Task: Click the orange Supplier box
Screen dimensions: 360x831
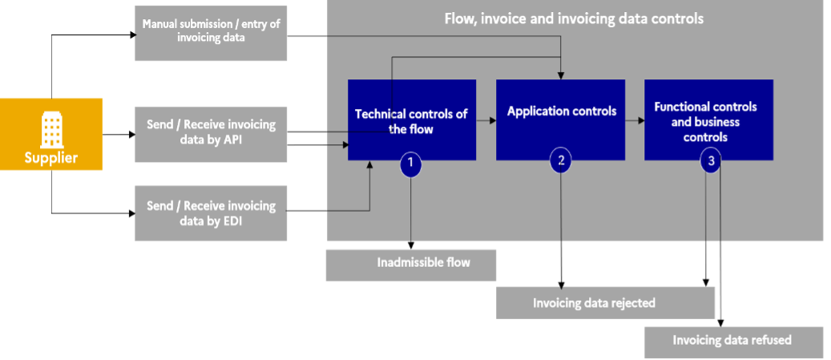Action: point(51,134)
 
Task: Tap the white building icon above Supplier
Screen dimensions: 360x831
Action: point(51,128)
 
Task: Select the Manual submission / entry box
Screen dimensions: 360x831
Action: point(211,31)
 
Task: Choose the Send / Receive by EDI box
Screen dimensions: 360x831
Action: point(211,213)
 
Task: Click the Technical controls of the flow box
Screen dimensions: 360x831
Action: point(411,119)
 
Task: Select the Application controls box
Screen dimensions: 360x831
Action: point(561,119)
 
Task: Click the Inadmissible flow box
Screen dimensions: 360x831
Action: point(411,264)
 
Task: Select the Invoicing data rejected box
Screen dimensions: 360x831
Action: point(605,303)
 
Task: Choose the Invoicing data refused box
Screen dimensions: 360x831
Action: point(733,341)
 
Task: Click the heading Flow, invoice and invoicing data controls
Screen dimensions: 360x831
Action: point(574,18)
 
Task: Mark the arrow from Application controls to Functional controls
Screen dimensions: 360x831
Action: point(635,120)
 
